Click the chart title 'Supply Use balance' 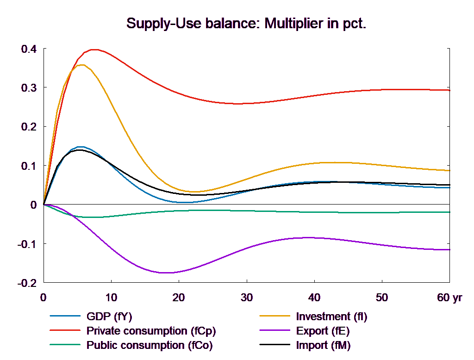tap(246, 24)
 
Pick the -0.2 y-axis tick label tap(27, 283)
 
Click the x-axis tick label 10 tap(111, 298)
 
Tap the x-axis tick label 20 tap(179, 298)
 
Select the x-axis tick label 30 tap(246, 298)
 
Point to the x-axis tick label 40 tap(314, 298)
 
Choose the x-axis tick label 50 tap(381, 298)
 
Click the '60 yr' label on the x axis tap(449, 298)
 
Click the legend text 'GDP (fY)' tap(109, 317)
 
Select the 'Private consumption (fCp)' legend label tap(151, 331)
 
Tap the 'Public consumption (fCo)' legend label tap(149, 345)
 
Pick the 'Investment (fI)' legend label tap(331, 317)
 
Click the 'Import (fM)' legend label tap(323, 345)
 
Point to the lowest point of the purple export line tap(167, 273)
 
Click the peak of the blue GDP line tap(81, 147)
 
